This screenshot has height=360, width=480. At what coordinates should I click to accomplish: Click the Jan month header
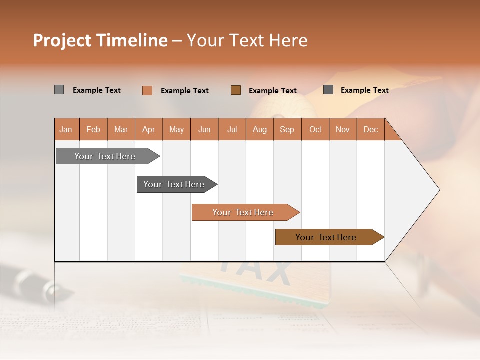[66, 130]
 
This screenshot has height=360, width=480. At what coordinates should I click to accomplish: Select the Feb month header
[93, 130]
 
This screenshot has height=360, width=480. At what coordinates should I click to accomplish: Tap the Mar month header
[121, 130]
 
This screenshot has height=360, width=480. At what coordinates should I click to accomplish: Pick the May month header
[176, 130]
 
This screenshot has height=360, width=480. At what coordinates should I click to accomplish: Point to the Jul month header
[232, 130]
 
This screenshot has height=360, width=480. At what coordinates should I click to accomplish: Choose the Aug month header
[259, 130]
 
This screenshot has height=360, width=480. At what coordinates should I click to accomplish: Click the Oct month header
[315, 130]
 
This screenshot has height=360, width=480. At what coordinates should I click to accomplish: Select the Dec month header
[370, 130]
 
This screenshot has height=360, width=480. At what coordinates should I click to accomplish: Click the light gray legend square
[59, 90]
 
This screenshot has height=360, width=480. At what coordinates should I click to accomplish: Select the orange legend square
[147, 90]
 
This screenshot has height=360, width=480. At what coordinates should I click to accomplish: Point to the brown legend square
[236, 90]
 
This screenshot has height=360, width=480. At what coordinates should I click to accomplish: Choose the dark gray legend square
[328, 90]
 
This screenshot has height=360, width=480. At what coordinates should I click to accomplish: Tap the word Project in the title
[62, 40]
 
